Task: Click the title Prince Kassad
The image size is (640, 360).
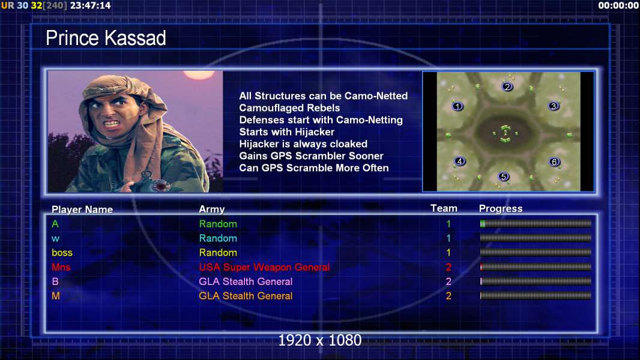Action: tap(106, 38)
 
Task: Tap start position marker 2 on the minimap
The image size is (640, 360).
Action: tap(507, 86)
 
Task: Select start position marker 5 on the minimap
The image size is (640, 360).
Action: tap(504, 176)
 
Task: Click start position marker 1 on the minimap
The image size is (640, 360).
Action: tap(457, 106)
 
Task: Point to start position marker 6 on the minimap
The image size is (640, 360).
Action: tap(554, 162)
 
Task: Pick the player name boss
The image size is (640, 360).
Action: tap(62, 253)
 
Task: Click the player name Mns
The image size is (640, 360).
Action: tap(61, 267)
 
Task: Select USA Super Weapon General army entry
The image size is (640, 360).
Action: tap(264, 268)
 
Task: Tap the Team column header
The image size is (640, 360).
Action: tap(444, 208)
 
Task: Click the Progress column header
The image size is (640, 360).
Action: tap(500, 209)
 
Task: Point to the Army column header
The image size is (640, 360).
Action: tap(211, 209)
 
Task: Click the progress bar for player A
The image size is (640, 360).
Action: tap(536, 223)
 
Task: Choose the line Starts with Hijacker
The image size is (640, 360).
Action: tap(286, 132)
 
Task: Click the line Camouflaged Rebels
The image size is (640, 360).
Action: tap(289, 108)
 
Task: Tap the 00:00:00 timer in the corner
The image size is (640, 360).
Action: tap(618, 6)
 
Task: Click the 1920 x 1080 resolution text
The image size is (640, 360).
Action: tap(319, 340)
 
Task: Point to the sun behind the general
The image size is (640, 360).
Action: tap(199, 74)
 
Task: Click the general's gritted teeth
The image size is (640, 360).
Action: tap(111, 123)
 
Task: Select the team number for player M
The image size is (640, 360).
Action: tap(448, 296)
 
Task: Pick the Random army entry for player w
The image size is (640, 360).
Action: tap(218, 239)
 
